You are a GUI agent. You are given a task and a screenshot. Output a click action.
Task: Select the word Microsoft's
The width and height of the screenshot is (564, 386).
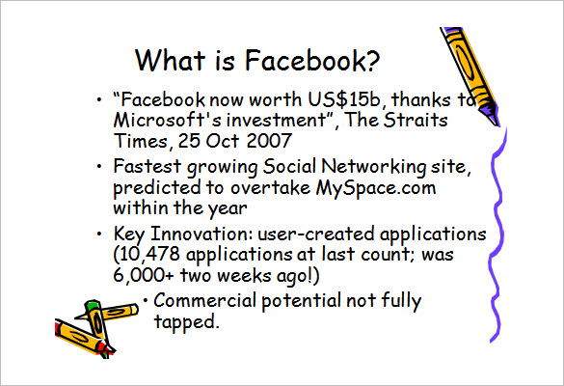[167, 120]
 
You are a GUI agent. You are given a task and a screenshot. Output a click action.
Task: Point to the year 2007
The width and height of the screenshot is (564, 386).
[269, 141]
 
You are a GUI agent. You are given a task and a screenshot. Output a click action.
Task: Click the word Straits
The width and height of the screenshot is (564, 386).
[416, 120]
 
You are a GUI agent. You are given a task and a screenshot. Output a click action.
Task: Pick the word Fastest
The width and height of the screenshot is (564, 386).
[148, 166]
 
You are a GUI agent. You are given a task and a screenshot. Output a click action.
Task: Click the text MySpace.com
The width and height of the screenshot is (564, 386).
[376, 188]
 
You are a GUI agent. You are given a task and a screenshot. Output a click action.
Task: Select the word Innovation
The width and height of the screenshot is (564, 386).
[202, 234]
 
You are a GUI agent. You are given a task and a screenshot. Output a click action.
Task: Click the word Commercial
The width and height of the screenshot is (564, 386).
[204, 300]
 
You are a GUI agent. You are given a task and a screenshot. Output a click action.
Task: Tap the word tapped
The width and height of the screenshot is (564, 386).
[186, 322]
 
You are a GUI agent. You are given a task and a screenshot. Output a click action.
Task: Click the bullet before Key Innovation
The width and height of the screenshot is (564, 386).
[99, 234]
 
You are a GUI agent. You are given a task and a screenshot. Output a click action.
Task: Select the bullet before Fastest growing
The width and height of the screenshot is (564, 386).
[99, 166]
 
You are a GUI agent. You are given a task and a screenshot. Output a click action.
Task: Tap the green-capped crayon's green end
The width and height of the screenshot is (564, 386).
[93, 305]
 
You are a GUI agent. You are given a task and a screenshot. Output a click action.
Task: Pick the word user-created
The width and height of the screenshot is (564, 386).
[316, 234]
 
